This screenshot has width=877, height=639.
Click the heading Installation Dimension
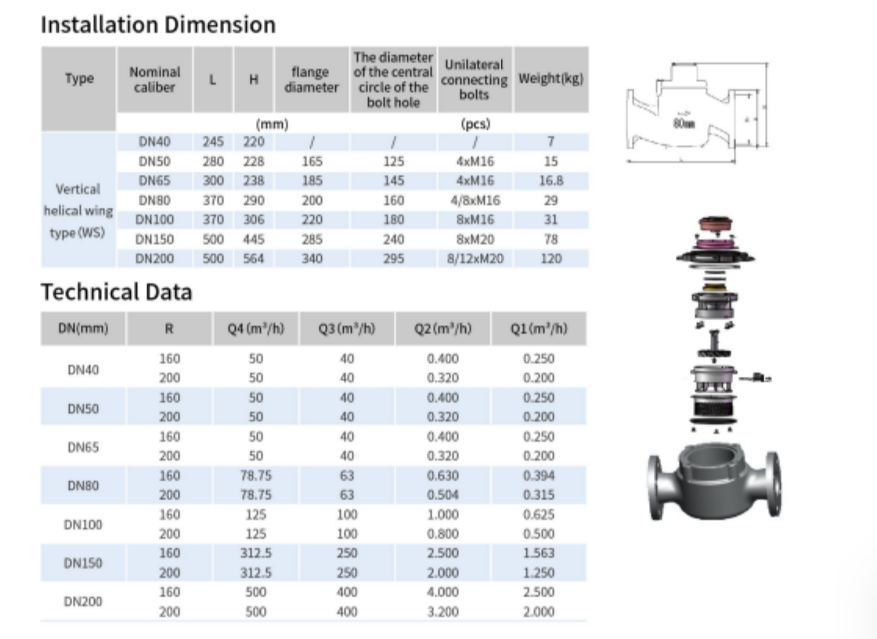(x=157, y=25)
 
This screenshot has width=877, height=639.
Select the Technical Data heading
(x=116, y=292)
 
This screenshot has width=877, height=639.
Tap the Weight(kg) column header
(x=550, y=79)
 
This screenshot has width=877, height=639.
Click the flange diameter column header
(x=311, y=79)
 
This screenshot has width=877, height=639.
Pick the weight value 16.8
(x=550, y=180)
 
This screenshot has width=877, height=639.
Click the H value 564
(x=253, y=258)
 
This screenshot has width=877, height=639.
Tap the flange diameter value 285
(x=312, y=238)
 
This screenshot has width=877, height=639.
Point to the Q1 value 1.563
(x=538, y=554)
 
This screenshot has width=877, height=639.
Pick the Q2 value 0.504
(x=443, y=495)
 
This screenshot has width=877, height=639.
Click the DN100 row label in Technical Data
(x=83, y=525)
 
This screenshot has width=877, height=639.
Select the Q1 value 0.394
(x=538, y=475)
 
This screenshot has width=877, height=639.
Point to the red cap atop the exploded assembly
(x=715, y=225)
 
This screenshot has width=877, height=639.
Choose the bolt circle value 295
(x=394, y=258)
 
